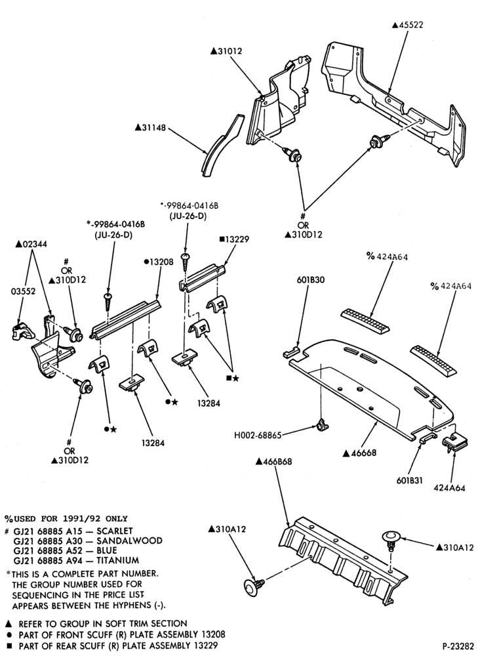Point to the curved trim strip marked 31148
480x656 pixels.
222,145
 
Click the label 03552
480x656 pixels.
22,291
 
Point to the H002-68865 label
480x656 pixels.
258,435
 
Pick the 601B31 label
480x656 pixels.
409,481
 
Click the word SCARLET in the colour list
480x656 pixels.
115,531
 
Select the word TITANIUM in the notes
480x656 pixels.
118,560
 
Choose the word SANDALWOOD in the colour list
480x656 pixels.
130,541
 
